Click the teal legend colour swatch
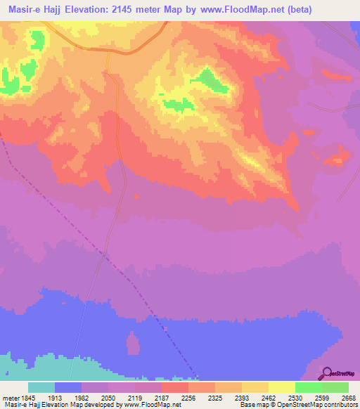(41, 387)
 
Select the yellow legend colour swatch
(281, 387)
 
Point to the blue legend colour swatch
(67, 387)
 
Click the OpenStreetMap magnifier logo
(326, 373)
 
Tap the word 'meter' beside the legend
(8, 397)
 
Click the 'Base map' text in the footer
(252, 405)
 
